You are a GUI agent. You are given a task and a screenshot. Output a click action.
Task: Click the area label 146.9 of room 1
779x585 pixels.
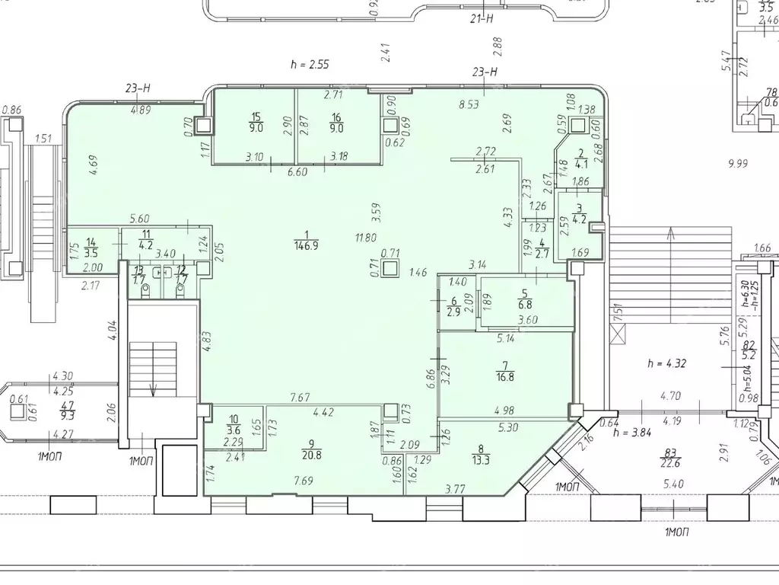(x=305, y=245)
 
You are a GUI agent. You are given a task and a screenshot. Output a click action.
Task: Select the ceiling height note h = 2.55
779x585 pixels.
(x=308, y=65)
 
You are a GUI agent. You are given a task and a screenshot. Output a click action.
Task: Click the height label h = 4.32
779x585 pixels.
(x=666, y=363)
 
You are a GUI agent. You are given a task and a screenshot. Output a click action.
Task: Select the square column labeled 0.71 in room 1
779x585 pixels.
(x=392, y=268)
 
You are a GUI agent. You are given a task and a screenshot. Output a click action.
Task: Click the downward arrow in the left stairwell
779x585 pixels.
(x=153, y=388)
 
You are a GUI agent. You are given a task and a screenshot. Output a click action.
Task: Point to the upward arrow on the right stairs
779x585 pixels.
(x=670, y=236)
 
